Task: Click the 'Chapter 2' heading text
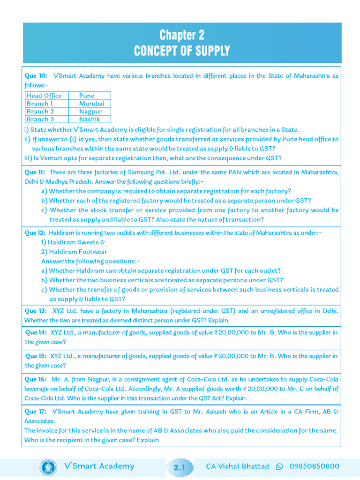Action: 182,35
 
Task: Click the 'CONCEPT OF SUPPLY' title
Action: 182,51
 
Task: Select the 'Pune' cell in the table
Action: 87,96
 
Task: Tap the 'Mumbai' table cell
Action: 91,104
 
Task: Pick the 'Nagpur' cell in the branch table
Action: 90,112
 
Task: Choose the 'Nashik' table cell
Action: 90,120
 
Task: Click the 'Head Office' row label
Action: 44,96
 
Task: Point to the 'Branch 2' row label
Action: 40,112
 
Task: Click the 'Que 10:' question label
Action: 36,75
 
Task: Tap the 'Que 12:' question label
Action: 35,233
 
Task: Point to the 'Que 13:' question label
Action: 36,311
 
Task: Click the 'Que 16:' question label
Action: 36,379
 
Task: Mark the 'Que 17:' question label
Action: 36,412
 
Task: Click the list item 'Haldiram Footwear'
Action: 74,252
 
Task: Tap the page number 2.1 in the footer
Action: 180,467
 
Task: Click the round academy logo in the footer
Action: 47,466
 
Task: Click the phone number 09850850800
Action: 314,466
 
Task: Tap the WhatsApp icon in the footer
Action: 280,466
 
